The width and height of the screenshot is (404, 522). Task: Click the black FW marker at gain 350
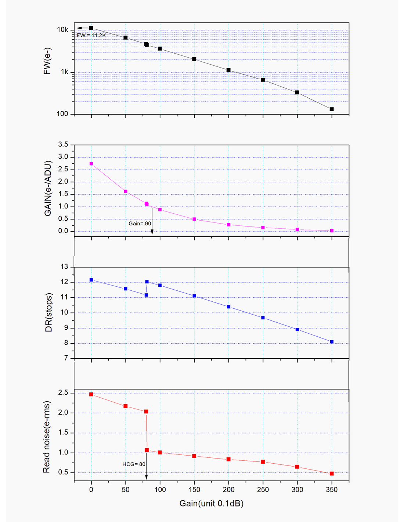click(x=332, y=109)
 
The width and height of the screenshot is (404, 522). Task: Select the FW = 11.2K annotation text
click(x=91, y=35)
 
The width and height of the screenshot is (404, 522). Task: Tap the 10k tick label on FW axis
click(x=62, y=30)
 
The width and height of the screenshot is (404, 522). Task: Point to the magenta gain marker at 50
click(x=126, y=191)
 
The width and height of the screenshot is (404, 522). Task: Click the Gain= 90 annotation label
click(x=140, y=224)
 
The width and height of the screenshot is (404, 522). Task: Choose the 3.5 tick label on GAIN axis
click(x=63, y=145)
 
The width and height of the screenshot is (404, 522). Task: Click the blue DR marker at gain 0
click(x=91, y=280)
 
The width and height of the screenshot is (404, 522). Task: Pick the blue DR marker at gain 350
click(x=332, y=342)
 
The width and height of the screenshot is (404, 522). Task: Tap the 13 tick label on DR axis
click(x=64, y=267)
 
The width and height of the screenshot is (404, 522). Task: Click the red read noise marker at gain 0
click(x=91, y=394)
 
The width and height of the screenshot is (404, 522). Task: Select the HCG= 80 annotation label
click(x=134, y=464)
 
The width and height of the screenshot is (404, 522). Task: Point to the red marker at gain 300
click(x=297, y=467)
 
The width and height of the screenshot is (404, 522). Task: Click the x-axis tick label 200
click(x=228, y=490)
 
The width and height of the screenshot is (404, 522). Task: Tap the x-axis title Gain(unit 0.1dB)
click(x=211, y=503)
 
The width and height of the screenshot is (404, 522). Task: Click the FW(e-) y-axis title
click(x=47, y=61)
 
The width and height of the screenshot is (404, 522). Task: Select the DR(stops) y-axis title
click(x=48, y=312)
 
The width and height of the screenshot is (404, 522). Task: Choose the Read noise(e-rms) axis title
click(x=47, y=437)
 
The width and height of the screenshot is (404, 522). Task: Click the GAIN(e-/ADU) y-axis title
click(x=48, y=188)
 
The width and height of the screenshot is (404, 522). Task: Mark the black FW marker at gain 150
click(x=194, y=59)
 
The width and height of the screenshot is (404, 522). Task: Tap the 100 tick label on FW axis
click(x=62, y=114)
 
